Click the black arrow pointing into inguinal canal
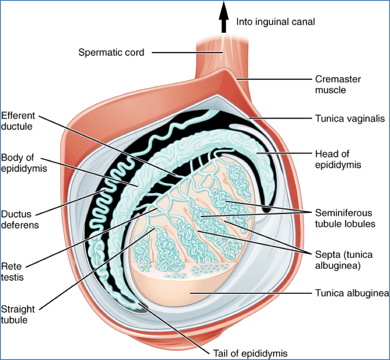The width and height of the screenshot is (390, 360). (x=223, y=18)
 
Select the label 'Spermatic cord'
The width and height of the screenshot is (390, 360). (x=111, y=52)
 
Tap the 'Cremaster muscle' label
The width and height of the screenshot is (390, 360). (x=338, y=85)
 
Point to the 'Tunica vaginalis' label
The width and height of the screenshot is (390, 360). (x=345, y=119)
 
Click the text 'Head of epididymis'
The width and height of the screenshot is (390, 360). (x=338, y=159)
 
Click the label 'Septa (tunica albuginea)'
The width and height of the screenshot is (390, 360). (x=338, y=259)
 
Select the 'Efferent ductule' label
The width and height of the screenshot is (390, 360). (x=18, y=121)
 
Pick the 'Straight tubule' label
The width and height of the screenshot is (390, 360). (x=17, y=314)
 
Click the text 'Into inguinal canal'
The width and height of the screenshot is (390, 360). (x=276, y=21)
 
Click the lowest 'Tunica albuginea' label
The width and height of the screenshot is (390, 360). (x=351, y=293)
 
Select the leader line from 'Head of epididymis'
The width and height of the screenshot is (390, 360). (x=282, y=154)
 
